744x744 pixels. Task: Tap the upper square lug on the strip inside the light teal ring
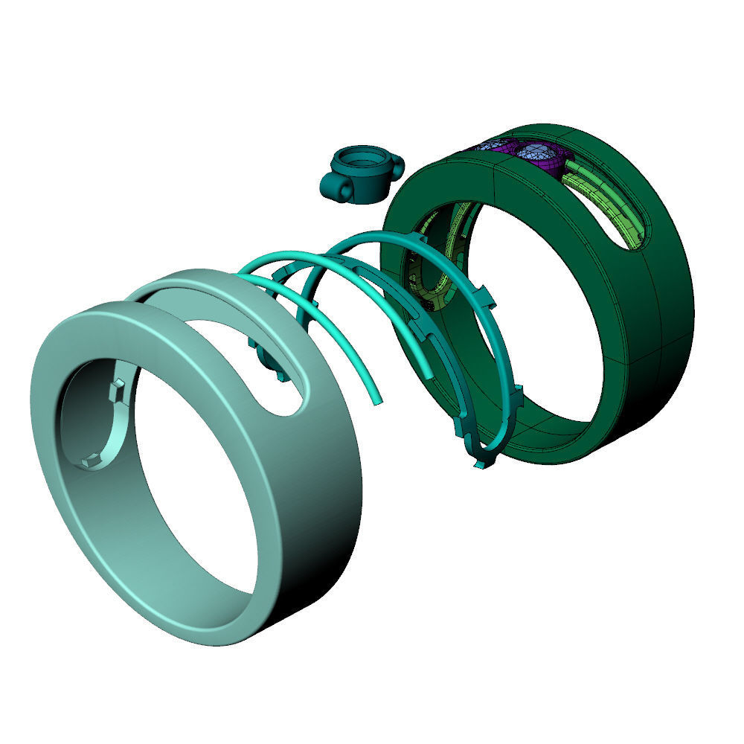118,389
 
